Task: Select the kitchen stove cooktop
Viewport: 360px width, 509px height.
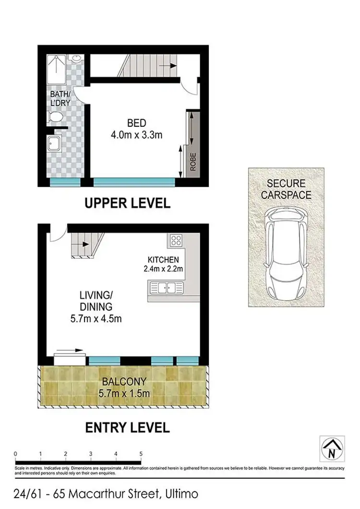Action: (175, 240)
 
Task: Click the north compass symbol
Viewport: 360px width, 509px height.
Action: (332, 448)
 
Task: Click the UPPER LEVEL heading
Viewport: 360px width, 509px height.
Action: (127, 203)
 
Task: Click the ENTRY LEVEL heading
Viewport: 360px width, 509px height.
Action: (127, 427)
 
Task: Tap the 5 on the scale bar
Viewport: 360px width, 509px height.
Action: (141, 453)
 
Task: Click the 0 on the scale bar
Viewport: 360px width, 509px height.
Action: (16, 453)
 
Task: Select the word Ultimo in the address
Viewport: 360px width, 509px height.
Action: (181, 494)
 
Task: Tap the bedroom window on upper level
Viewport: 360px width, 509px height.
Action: (133, 182)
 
